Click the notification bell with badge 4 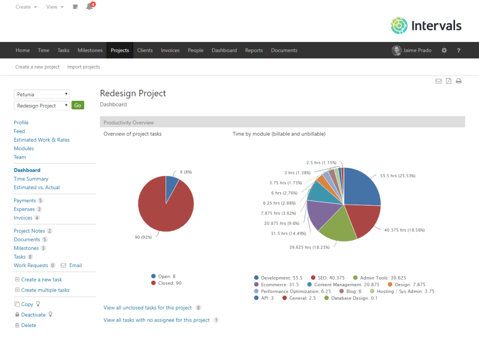point(89,7)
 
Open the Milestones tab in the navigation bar point(90,50)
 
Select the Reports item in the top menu point(254,50)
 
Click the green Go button point(78,105)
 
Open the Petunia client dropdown point(42,94)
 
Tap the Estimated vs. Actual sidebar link point(36,188)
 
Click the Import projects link point(83,67)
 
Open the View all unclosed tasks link point(148,308)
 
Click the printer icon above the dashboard point(459,81)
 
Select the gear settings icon point(444,50)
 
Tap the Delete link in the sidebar point(28,326)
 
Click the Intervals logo point(426,25)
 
